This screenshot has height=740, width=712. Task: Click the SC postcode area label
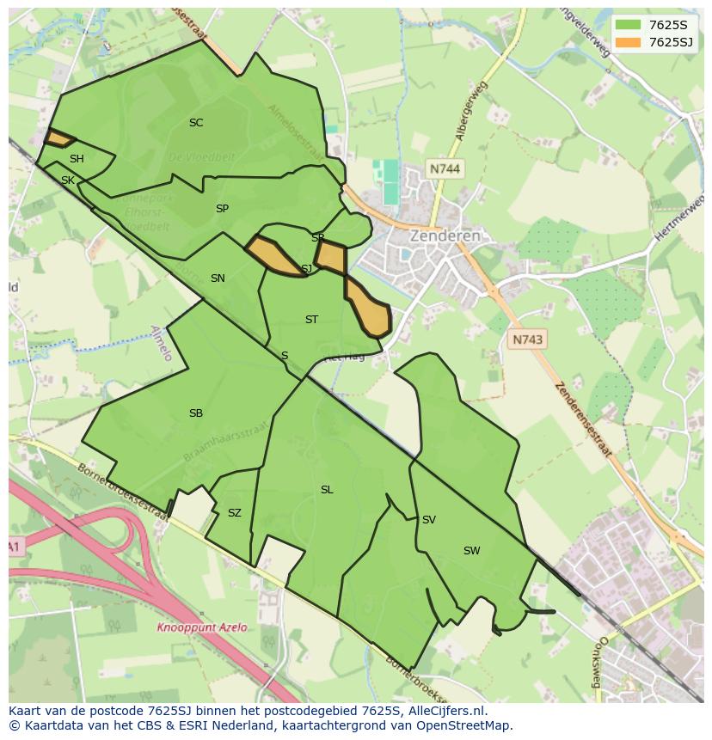(196, 123)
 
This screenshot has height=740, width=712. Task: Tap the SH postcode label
(77, 159)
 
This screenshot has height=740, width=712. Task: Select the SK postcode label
(68, 180)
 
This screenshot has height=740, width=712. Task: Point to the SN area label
(218, 278)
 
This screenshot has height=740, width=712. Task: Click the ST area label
(311, 320)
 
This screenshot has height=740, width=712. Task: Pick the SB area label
(196, 413)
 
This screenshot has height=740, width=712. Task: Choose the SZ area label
(235, 513)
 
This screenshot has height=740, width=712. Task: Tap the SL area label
(327, 490)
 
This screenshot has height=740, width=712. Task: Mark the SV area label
(429, 520)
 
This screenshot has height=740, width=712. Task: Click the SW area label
(471, 551)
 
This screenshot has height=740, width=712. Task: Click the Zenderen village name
(445, 235)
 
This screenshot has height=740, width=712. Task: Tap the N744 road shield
(444, 169)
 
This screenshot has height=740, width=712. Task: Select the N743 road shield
(527, 340)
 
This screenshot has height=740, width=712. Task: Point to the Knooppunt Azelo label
(201, 627)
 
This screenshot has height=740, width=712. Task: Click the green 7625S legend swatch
(629, 24)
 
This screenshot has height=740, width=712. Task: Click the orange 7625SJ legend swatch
(629, 42)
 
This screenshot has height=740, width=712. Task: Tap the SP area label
(222, 209)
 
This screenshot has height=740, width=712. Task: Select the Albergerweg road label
(472, 111)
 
